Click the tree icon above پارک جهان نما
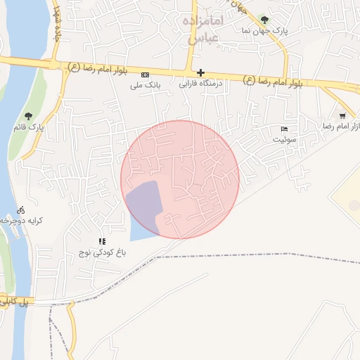click(x=264, y=20)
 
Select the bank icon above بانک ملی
click(x=146, y=75)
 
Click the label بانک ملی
click(x=146, y=86)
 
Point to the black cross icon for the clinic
click(x=201, y=72)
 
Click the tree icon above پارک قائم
click(x=29, y=116)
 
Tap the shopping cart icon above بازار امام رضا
click(x=342, y=116)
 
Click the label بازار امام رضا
click(x=342, y=127)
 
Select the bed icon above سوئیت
click(x=284, y=129)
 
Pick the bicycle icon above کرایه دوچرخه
click(x=21, y=210)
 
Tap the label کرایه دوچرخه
click(x=22, y=221)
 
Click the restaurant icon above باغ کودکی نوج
click(x=102, y=241)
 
